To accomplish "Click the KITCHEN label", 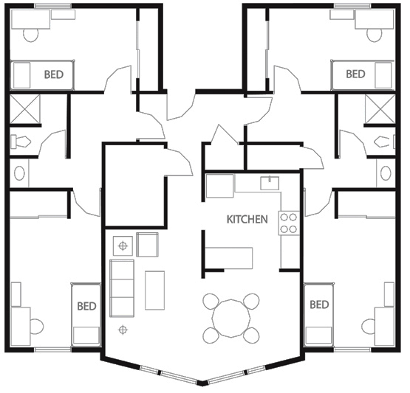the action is tap(247, 220).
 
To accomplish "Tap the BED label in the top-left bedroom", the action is tap(54, 74).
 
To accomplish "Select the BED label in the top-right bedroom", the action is tap(355, 74).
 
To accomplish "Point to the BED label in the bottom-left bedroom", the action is tap(87, 306).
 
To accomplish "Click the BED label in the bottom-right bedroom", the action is tap(319, 305).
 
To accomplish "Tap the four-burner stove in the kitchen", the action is tap(289, 223).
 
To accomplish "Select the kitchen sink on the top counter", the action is tap(270, 183).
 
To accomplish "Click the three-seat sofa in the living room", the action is tap(122, 288).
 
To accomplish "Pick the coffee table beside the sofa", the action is tap(155, 291).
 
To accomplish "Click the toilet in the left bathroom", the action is tap(21, 142).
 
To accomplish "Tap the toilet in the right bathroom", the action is tap(385, 142).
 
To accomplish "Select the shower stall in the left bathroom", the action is tap(25, 109).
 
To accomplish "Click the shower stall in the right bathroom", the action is tap(380, 109).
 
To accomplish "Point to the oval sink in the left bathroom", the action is tap(20, 173).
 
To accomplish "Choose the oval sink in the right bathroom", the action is tap(386, 173).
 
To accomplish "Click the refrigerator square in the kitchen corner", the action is tap(219, 186).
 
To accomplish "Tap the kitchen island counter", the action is tap(229, 258).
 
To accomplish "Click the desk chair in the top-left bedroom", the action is tap(31, 35).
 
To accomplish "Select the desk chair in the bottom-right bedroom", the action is tap(369, 326).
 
